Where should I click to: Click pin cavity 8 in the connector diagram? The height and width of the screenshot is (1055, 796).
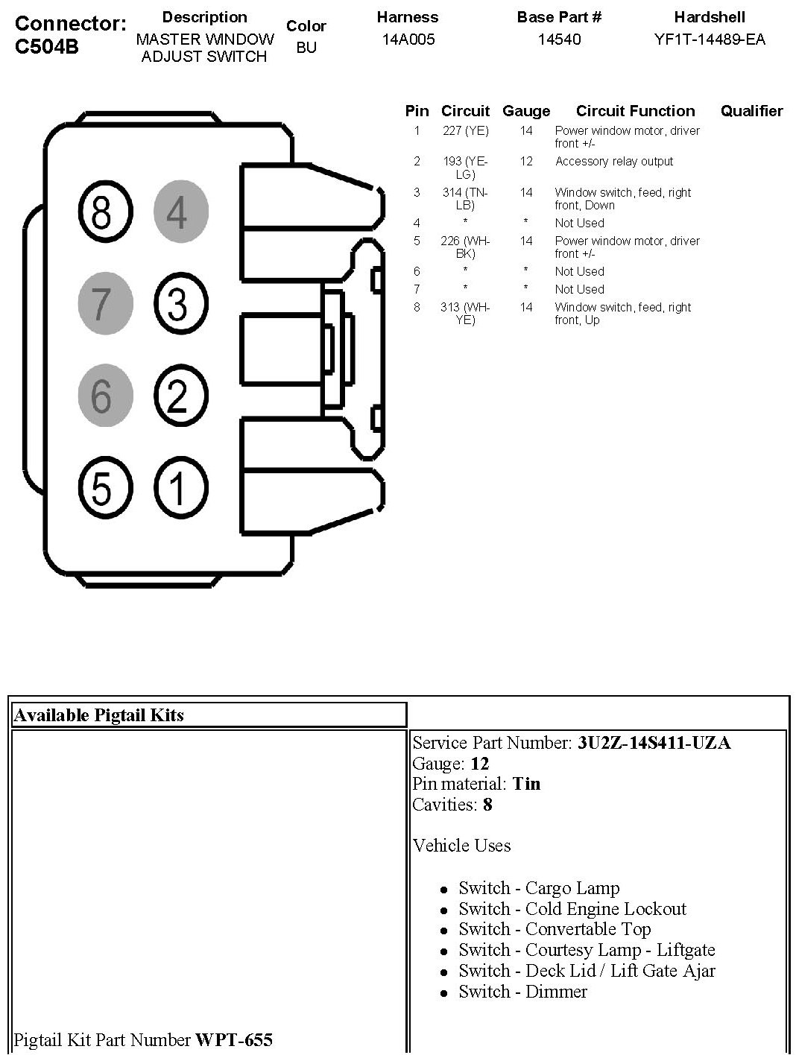(x=102, y=212)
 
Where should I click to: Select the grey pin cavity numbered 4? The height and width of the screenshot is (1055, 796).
(x=180, y=212)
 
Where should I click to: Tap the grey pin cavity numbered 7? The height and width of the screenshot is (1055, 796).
(x=104, y=302)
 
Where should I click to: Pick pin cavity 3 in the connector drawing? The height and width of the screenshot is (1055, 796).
(x=180, y=304)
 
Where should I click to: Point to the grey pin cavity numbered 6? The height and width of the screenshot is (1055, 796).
(x=104, y=395)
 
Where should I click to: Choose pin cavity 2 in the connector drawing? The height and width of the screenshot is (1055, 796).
(x=180, y=396)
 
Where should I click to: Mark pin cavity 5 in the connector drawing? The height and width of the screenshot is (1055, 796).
(x=104, y=487)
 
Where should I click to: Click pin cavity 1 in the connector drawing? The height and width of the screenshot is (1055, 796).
(x=180, y=488)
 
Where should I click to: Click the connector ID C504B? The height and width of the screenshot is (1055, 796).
(x=47, y=47)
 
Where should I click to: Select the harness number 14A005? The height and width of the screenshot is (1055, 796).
(x=408, y=39)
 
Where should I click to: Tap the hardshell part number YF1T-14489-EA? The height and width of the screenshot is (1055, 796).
(x=709, y=39)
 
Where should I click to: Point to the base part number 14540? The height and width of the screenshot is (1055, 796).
(x=559, y=39)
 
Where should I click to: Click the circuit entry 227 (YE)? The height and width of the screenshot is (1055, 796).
(x=465, y=131)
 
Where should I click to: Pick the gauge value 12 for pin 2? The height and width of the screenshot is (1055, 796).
(x=526, y=162)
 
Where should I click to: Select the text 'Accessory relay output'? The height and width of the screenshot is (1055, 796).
(x=613, y=162)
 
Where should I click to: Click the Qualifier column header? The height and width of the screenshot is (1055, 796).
(x=751, y=111)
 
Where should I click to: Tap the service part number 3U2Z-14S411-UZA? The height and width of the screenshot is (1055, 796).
(x=654, y=743)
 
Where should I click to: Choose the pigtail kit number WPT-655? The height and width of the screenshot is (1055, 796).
(x=233, y=1039)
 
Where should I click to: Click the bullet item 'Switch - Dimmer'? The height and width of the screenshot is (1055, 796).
(x=522, y=992)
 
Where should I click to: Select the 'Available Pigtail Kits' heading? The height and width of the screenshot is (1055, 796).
(x=98, y=715)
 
